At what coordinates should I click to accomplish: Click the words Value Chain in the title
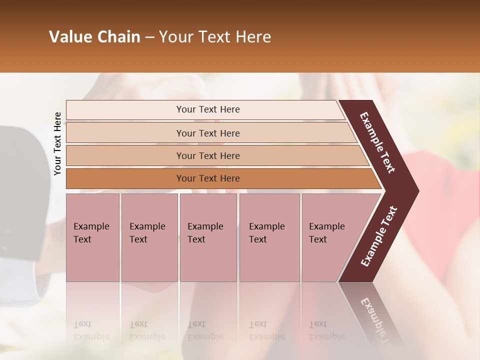point(94,37)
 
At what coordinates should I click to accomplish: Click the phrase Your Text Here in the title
point(215,37)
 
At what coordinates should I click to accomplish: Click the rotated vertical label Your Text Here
point(57,143)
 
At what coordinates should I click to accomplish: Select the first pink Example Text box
point(92,237)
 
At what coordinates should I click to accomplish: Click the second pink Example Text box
point(149,237)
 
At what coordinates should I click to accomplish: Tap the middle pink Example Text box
point(208,237)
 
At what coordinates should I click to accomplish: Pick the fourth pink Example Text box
point(269,237)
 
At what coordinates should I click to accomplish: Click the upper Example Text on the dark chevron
point(378,142)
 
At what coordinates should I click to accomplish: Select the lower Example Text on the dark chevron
point(379,236)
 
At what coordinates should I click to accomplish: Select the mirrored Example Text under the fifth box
point(326,330)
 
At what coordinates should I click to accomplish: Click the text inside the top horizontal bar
point(208,109)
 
